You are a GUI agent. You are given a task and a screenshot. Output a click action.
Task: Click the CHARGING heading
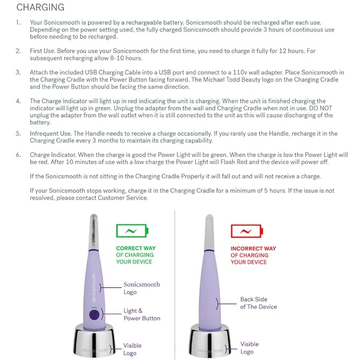click(40, 7)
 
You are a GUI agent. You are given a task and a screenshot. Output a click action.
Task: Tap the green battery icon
click(132, 231)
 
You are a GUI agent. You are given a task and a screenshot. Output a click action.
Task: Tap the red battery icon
click(246, 231)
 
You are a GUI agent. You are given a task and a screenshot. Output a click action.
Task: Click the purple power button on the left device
click(95, 314)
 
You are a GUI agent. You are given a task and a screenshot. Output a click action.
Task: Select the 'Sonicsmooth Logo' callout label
click(141, 288)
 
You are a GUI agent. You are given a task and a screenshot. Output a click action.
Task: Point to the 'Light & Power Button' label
click(141, 314)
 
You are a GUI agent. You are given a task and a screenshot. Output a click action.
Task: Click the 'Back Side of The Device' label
click(258, 303)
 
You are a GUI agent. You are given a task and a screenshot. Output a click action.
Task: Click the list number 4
click(19, 101)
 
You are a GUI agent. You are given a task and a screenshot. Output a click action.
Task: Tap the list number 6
click(19, 154)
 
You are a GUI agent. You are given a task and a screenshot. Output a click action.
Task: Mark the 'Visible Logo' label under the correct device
click(132, 349)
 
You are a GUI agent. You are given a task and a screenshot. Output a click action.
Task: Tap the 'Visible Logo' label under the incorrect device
click(249, 348)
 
